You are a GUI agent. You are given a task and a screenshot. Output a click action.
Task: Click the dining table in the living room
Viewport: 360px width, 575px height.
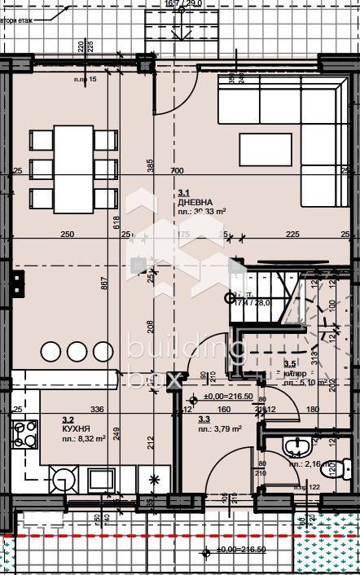(x=74, y=169)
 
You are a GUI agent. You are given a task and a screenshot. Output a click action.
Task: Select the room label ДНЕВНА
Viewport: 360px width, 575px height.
(x=196, y=201)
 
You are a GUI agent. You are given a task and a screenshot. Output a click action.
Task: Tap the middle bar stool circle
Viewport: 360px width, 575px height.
(x=77, y=351)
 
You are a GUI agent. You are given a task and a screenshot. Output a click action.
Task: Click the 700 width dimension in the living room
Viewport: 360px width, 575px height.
(x=177, y=171)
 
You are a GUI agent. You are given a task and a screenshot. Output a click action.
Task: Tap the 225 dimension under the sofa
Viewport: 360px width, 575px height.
(x=292, y=235)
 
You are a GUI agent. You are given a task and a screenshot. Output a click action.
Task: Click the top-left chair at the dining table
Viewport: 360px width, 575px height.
(x=41, y=141)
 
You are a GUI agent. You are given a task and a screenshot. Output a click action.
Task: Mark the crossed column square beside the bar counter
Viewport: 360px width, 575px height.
(x=138, y=264)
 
